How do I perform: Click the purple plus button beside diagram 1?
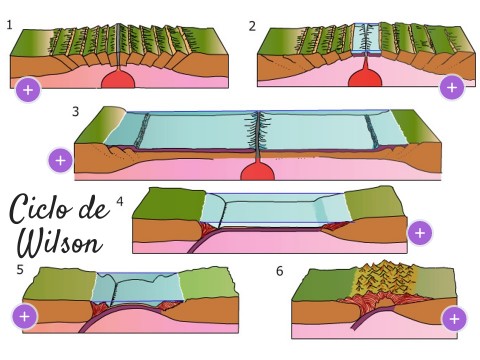(28, 90)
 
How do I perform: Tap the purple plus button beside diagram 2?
(452, 87)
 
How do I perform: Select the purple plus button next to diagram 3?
(60, 161)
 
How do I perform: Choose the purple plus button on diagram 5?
(25, 316)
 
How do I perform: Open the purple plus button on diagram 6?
(454, 319)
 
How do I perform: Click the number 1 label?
(10, 25)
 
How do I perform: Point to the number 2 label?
(252, 26)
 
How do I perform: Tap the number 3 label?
(76, 111)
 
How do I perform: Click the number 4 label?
(120, 201)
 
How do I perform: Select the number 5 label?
(20, 270)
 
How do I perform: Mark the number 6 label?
(280, 271)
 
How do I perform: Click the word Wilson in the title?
(60, 243)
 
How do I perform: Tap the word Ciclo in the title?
(41, 209)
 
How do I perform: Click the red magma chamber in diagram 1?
(118, 79)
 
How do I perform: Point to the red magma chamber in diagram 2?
(365, 78)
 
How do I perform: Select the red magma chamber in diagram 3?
(258, 171)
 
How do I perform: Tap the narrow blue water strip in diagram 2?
(366, 38)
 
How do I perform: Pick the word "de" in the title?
(94, 208)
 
